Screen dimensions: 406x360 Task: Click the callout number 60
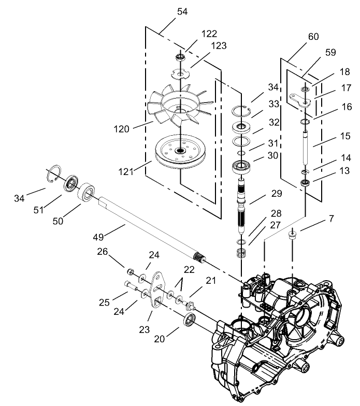pos(313,37)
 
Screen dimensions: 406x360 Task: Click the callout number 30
pos(272,155)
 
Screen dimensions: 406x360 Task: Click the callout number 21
pos(210,280)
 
